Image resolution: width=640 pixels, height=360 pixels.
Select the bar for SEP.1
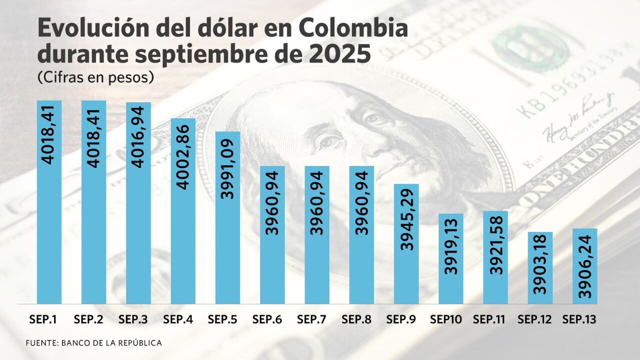pyautogui.click(x=49, y=202)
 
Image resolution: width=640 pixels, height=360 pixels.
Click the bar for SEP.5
pyautogui.click(x=227, y=217)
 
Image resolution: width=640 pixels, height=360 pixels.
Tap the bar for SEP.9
pyautogui.click(x=406, y=243)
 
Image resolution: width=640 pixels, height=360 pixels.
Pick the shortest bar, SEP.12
pyautogui.click(x=540, y=267)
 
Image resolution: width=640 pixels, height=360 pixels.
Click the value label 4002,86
pyautogui.click(x=183, y=160)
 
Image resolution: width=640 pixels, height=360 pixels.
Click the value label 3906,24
pyautogui.click(x=585, y=265)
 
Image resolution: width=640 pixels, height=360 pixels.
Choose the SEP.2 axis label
pyautogui.click(x=93, y=319)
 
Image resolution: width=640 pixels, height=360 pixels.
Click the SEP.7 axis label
pyautogui.click(x=317, y=319)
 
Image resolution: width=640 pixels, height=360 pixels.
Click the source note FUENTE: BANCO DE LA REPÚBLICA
pyautogui.click(x=94, y=343)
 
